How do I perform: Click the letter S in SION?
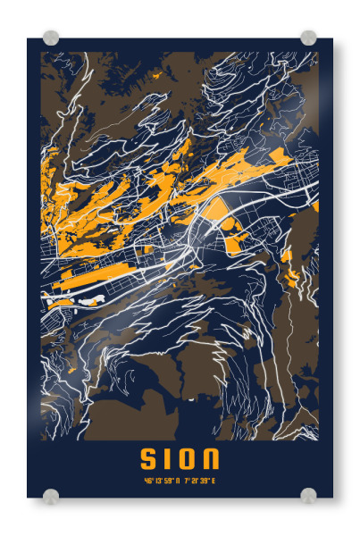click(149, 460)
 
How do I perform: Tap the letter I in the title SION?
click(167, 460)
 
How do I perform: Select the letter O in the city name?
click(186, 460)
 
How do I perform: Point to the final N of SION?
click(210, 460)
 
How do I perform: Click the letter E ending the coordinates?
click(213, 482)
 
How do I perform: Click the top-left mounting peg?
click(51, 38)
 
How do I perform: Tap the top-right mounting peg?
click(308, 38)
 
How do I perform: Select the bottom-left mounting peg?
click(51, 495)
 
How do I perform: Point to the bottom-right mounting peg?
click(308, 495)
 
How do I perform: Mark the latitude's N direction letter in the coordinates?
click(176, 482)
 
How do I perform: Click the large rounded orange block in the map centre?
click(220, 210)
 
